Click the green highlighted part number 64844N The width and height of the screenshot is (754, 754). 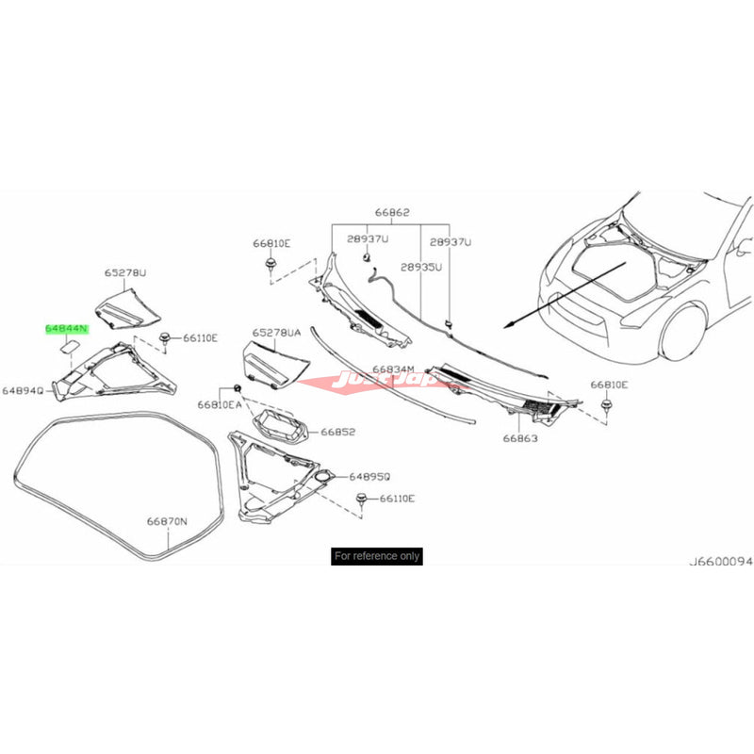tap(66, 330)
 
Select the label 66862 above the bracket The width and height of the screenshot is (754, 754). tap(392, 214)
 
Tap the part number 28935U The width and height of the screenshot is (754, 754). tap(421, 269)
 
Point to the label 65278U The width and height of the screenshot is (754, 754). tap(125, 273)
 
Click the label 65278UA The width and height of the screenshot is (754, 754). tap(276, 333)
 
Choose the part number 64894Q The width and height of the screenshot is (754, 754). tap(23, 389)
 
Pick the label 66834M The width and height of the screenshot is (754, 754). tap(393, 369)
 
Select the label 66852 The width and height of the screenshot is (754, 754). tap(336, 432)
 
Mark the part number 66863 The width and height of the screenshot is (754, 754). tap(519, 438)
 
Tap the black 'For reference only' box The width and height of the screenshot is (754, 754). tap(377, 556)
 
